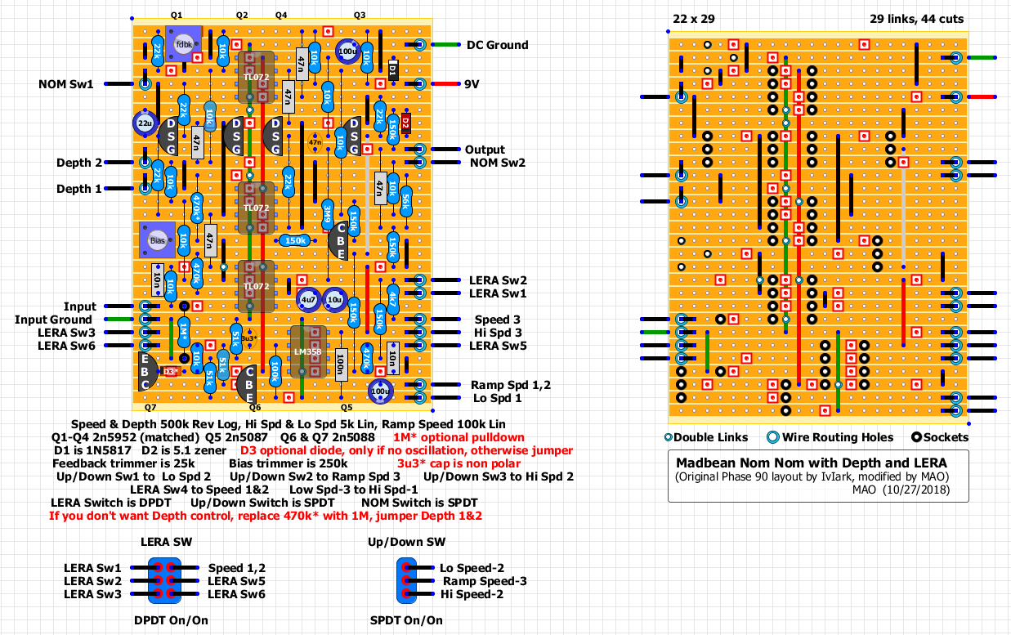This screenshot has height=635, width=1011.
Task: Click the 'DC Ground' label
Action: pyautogui.click(x=497, y=45)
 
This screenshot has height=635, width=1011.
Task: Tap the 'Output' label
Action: pyautogui.click(x=485, y=150)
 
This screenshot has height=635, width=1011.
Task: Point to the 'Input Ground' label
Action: pyautogui.click(x=54, y=320)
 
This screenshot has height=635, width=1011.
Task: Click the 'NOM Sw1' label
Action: pyautogui.click(x=65, y=84)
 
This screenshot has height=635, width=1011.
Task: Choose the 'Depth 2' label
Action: pyautogui.click(x=79, y=163)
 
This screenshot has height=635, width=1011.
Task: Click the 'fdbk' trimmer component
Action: pyautogui.click(x=182, y=45)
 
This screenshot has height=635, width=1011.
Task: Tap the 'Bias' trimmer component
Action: pyautogui.click(x=157, y=241)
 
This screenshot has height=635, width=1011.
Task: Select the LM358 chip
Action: pyautogui.click(x=308, y=352)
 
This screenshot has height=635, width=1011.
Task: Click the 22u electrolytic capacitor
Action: pyautogui.click(x=144, y=123)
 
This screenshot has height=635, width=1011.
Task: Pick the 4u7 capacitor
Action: pyautogui.click(x=307, y=300)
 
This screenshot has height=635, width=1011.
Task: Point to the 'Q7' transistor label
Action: pyautogui.click(x=150, y=406)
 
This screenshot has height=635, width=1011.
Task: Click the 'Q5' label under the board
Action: pyautogui.click(x=346, y=406)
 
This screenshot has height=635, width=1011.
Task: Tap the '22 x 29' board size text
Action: pyautogui.click(x=693, y=19)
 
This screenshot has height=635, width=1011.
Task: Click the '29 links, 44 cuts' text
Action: pyautogui.click(x=916, y=19)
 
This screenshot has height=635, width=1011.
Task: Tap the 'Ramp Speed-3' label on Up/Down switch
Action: pyautogui.click(x=485, y=581)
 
